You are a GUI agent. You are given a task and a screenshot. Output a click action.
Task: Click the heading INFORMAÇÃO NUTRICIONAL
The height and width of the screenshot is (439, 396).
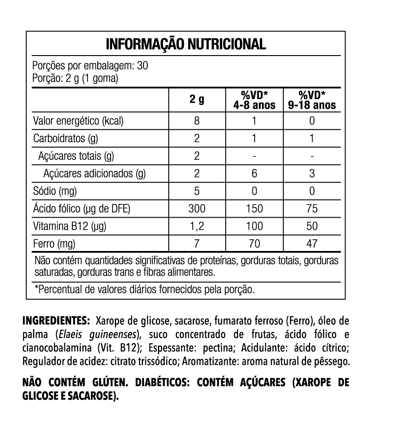click(186, 44)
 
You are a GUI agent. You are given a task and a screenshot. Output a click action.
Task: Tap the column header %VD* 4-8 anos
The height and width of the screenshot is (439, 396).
click(254, 100)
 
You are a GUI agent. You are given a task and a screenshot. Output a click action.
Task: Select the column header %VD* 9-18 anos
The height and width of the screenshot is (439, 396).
click(312, 100)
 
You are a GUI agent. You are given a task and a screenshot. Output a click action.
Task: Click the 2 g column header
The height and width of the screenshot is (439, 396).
click(196, 100)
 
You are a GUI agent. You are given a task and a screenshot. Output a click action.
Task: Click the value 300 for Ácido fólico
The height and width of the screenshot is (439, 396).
click(196, 209)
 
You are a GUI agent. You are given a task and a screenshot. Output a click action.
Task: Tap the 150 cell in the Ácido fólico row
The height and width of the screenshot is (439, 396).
click(254, 209)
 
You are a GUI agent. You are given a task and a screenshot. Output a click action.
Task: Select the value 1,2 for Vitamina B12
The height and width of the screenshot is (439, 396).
click(196, 226)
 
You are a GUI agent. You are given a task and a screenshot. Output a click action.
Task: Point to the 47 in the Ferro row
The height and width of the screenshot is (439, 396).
click(312, 244)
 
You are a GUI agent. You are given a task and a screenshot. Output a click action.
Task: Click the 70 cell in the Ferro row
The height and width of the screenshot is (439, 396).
click(254, 244)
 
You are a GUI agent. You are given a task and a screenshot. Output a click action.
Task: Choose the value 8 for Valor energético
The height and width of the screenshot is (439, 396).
click(196, 121)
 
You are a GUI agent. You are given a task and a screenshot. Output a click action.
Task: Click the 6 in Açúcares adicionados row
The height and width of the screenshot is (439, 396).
click(254, 174)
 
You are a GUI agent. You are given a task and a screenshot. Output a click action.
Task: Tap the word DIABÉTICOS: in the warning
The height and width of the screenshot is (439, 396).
click(160, 383)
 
